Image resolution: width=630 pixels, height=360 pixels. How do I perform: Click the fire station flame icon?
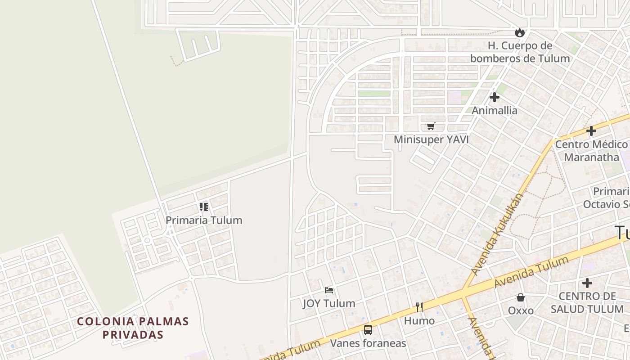520,32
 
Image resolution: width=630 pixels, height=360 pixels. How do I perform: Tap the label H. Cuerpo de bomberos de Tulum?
520,52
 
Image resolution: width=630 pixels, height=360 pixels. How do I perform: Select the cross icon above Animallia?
495,97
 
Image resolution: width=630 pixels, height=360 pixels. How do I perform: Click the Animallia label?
495,110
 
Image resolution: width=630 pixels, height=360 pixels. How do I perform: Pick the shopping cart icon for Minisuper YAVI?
431,126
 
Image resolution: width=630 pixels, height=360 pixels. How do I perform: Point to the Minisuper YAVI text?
431,139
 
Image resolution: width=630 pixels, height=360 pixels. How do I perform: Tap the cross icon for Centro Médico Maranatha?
591,131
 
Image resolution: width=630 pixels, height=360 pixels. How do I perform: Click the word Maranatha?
591,157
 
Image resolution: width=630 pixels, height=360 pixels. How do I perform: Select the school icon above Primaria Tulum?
204,207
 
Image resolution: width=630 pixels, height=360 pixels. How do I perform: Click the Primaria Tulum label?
204,220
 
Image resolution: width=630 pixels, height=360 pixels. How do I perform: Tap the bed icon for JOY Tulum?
329,290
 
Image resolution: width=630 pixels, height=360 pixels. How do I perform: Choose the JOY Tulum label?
329,303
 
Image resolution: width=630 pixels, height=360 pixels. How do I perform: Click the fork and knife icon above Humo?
419,307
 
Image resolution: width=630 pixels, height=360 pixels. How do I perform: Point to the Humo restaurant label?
419,321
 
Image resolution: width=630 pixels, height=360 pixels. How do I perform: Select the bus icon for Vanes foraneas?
368,330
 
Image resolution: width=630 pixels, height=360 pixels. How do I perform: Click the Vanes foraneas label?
368,343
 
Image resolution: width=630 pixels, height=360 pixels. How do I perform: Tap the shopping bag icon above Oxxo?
521,297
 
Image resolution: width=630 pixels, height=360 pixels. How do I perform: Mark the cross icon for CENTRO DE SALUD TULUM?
587,283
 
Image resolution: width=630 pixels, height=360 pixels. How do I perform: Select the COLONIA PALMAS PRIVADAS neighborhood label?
133,328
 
